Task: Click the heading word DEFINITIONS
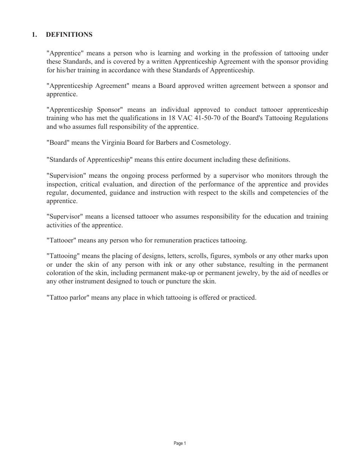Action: [69, 35]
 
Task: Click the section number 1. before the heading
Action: [34, 35]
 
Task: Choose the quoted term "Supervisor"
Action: [64, 217]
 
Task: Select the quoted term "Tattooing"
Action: [63, 256]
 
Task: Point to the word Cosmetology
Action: [211, 143]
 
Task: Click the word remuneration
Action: [166, 240]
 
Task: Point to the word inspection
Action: [61, 184]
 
